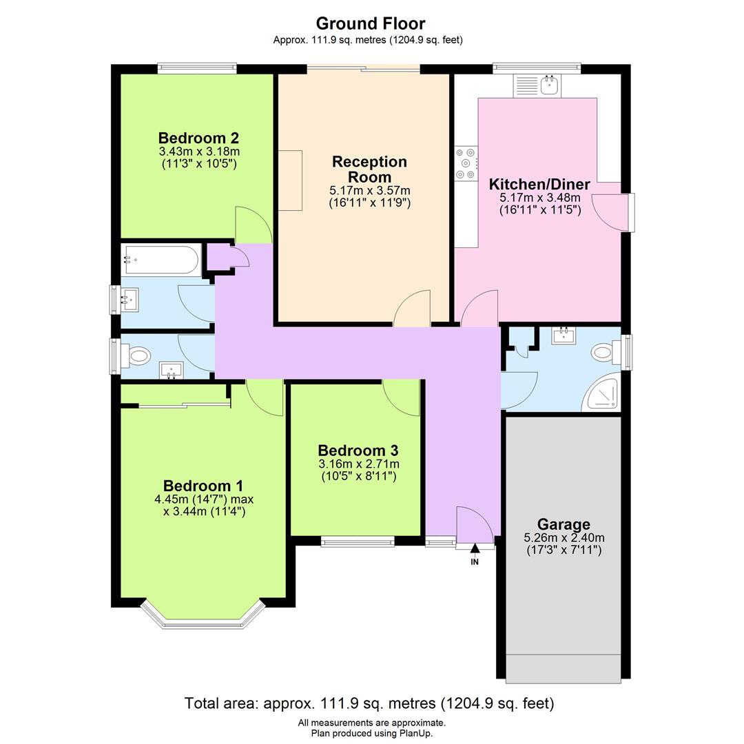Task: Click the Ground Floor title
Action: [x=371, y=24]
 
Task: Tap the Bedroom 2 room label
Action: [x=198, y=138]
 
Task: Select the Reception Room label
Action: [x=369, y=169]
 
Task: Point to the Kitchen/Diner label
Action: [x=539, y=184]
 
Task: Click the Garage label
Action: [x=564, y=524]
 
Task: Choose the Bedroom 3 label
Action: [x=358, y=451]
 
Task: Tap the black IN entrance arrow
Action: [x=475, y=549]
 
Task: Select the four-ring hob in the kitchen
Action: [x=466, y=164]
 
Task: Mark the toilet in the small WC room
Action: [x=138, y=356]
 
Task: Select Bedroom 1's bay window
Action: [x=203, y=617]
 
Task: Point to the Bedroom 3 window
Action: [x=357, y=542]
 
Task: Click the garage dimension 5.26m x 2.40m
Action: [x=564, y=538]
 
